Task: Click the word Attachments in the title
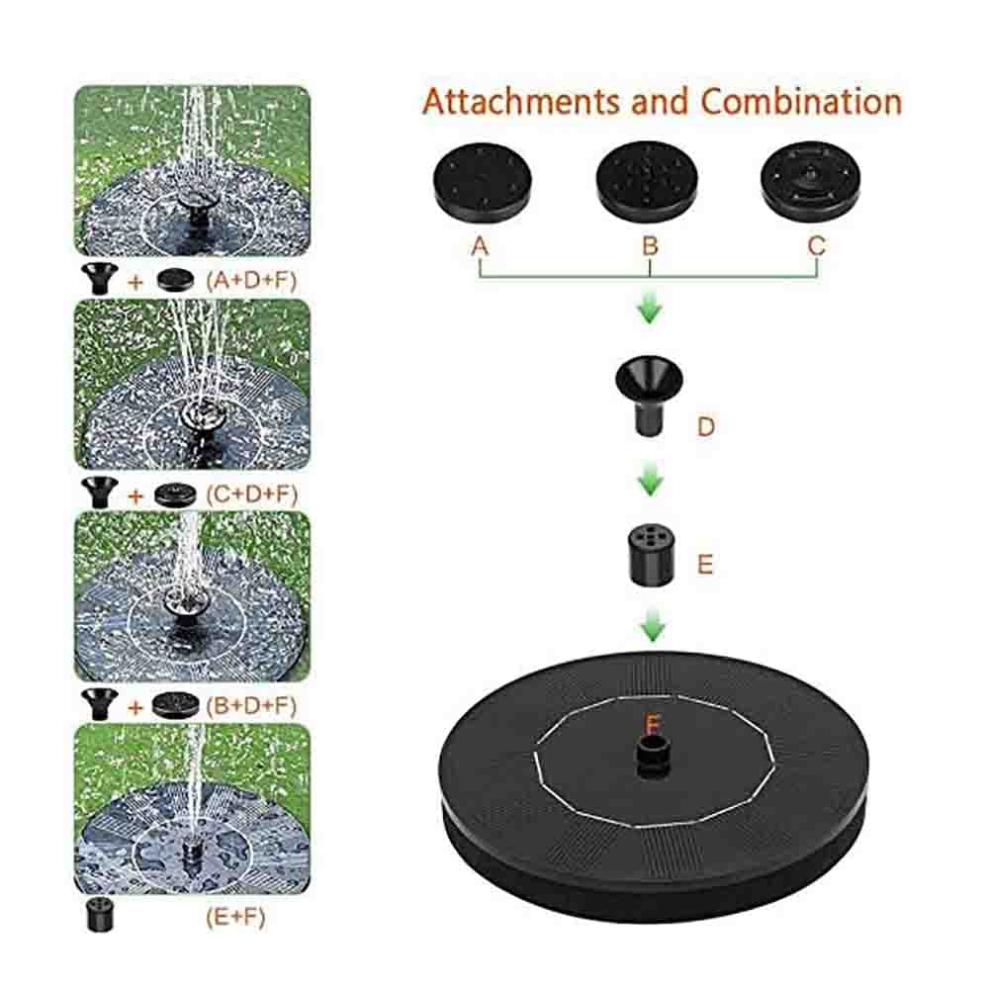tap(521, 102)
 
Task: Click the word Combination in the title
tap(802, 102)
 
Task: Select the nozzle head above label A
tap(484, 182)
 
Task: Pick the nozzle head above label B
tap(647, 182)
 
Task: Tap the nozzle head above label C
tap(811, 182)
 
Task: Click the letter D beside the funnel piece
tap(706, 427)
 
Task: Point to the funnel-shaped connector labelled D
tap(649, 397)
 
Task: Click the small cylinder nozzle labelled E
tap(652, 556)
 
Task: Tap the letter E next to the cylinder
tap(705, 564)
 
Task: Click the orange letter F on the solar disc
tap(653, 725)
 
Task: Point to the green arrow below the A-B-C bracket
tap(650, 309)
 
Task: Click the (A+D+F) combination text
tap(251, 280)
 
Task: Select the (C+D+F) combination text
tap(251, 494)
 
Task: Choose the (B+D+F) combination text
tap(251, 706)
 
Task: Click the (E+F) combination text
tap(235, 917)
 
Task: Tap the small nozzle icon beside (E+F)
tap(100, 915)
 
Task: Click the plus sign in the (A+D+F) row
tap(135, 282)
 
